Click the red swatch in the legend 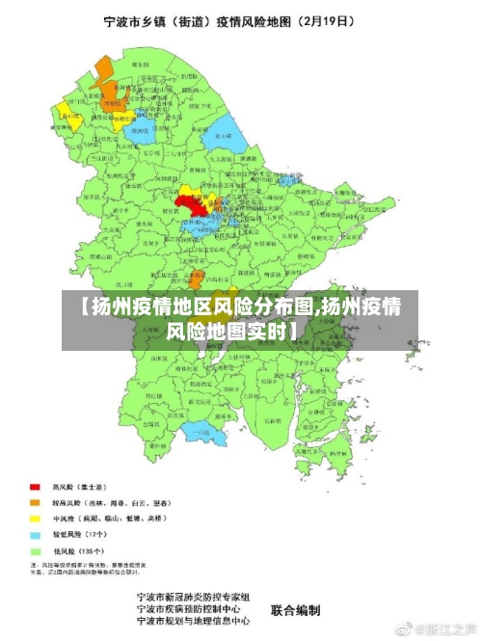(35, 487)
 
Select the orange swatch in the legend (35, 502)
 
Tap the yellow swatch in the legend (35, 518)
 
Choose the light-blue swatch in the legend (35, 533)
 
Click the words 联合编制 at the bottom (294, 609)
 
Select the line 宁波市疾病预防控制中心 (192, 609)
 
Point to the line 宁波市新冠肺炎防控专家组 (192, 597)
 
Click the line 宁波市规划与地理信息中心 (192, 622)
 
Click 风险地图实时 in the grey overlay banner (232, 332)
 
